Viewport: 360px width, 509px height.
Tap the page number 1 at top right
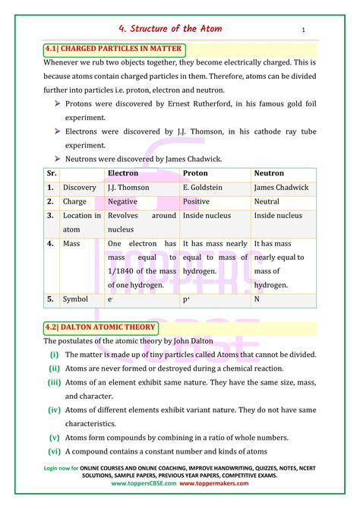click(303, 30)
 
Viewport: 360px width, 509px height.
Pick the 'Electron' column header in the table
click(124, 173)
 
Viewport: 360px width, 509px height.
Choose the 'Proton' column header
click(197, 173)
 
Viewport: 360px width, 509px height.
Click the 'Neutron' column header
click(269, 173)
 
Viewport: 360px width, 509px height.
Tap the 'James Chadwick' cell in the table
click(281, 188)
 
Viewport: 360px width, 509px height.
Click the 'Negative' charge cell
click(122, 202)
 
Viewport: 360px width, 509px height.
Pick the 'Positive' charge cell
click(196, 202)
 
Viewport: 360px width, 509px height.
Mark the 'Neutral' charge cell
click(267, 202)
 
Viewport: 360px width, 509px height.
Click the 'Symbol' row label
click(76, 299)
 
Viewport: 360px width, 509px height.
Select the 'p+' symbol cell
click(187, 299)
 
